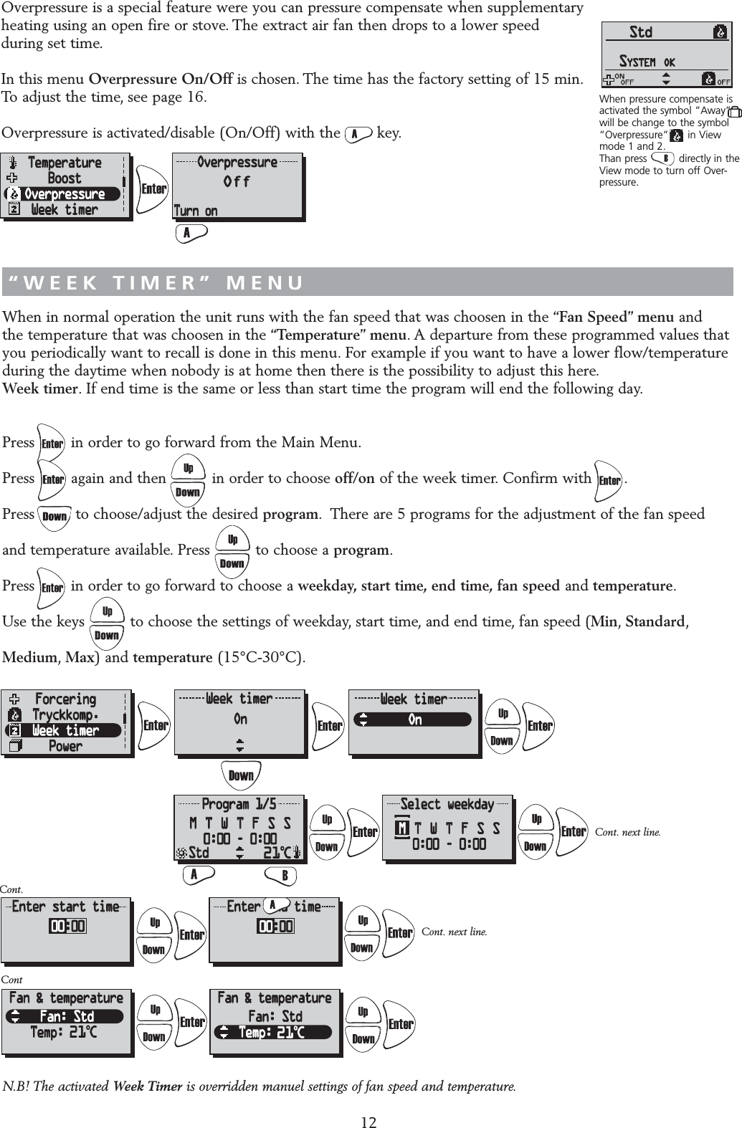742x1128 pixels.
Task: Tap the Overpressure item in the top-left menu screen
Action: coord(65,194)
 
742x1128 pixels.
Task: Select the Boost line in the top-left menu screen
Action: coord(65,178)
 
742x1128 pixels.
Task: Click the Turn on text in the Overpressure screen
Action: coord(196,211)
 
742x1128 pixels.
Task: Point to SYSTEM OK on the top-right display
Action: coord(647,62)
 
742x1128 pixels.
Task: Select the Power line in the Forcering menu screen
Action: coord(65,746)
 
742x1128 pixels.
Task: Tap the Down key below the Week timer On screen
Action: coord(241,775)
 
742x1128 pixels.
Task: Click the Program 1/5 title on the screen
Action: coord(239,804)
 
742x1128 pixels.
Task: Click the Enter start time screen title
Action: coord(65,907)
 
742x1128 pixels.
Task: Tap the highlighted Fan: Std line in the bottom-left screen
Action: coord(65,1016)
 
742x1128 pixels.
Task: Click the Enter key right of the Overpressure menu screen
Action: coord(153,189)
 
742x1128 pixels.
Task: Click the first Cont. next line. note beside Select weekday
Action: coord(627,832)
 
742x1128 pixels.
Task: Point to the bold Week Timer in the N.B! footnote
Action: coord(148,1086)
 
